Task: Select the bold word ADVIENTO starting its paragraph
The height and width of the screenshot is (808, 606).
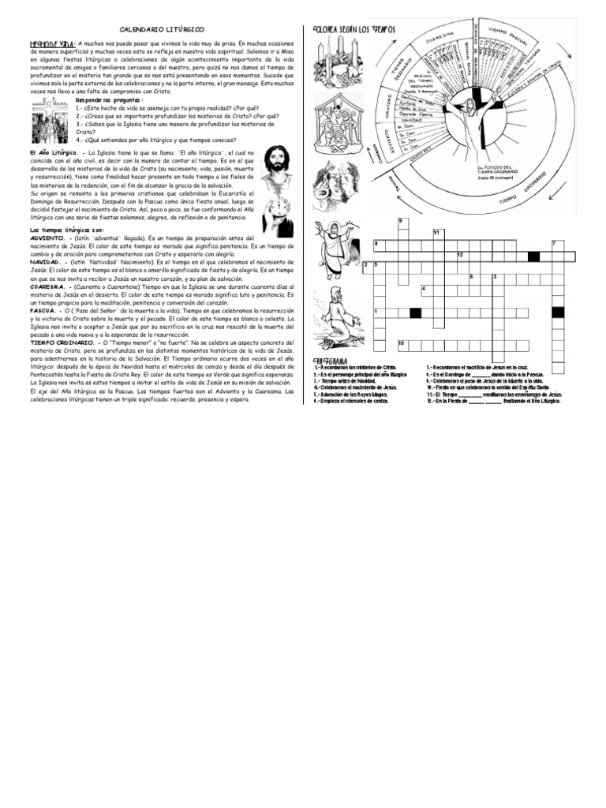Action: click(48, 237)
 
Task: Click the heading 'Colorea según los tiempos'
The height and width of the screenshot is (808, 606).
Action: click(354, 29)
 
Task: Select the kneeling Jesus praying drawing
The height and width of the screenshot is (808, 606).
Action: click(339, 315)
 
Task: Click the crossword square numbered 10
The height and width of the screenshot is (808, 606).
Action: click(402, 345)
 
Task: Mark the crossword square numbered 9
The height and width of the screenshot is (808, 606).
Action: click(402, 222)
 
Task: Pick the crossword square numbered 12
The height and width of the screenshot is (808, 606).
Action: click(460, 255)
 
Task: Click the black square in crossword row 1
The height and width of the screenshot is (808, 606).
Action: click(415, 313)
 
